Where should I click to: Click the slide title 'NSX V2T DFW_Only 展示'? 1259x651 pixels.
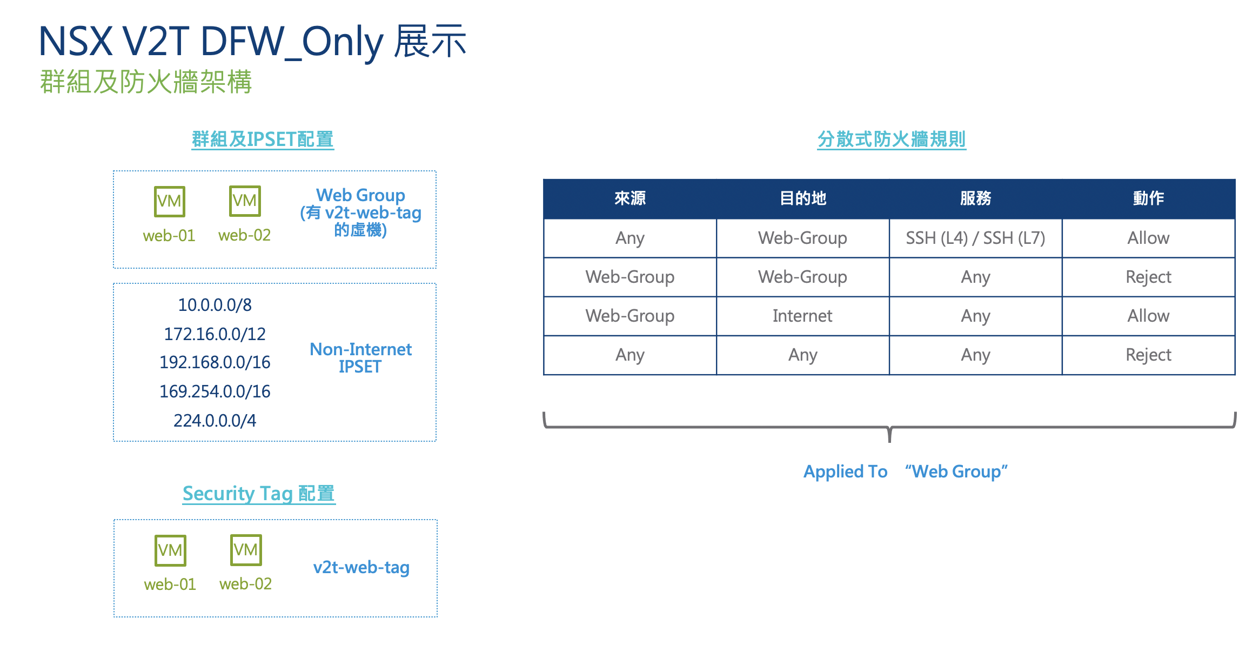[x=252, y=42]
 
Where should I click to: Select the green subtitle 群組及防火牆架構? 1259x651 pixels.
[x=146, y=82]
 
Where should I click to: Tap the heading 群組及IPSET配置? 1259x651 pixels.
[x=263, y=139]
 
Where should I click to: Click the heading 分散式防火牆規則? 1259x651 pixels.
[x=891, y=139]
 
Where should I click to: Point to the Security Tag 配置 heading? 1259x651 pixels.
[x=259, y=494]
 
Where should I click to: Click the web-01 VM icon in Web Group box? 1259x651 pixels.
[x=170, y=201]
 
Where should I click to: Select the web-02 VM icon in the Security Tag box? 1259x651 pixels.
[x=246, y=550]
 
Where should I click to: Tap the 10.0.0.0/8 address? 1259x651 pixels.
[x=215, y=305]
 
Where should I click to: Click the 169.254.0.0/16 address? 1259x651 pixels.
[x=215, y=391]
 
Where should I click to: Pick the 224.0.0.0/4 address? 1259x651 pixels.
[x=215, y=421]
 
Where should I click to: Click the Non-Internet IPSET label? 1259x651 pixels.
[x=360, y=358]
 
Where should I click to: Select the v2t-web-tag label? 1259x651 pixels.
[x=361, y=567]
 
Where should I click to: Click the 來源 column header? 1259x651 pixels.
[x=630, y=198]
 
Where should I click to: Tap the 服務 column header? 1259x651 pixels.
[x=976, y=198]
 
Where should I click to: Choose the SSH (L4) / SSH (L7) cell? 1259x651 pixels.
[x=976, y=238]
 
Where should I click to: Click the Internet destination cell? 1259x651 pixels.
[x=802, y=316]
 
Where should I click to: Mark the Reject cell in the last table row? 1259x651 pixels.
[x=1148, y=355]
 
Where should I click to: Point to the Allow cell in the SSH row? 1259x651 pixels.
[x=1148, y=238]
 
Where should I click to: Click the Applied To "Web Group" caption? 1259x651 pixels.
[x=906, y=471]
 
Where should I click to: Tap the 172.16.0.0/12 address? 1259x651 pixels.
[x=215, y=334]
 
